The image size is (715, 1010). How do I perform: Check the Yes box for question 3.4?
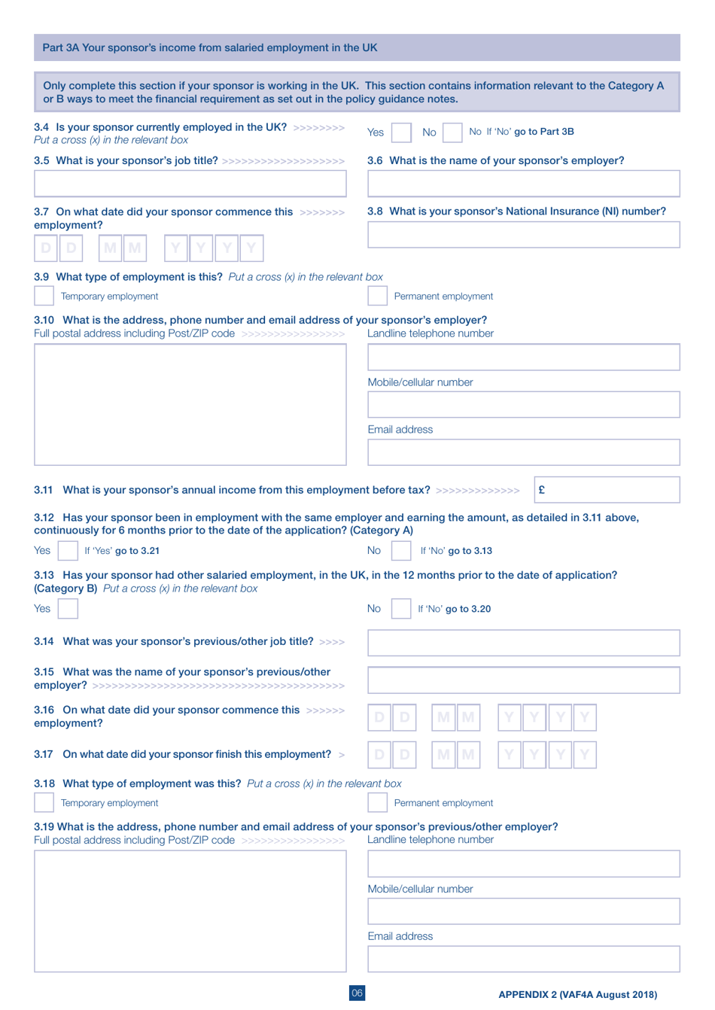tap(402, 132)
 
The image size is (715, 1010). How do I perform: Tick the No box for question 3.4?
tap(452, 132)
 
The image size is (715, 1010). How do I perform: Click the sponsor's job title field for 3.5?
tap(190, 184)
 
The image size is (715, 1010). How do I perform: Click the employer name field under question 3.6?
tap(523, 184)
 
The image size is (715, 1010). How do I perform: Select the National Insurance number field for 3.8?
tap(523, 235)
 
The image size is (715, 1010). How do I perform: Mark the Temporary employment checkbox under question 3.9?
tap(44, 296)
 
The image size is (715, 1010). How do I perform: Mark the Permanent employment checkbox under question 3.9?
tap(377, 296)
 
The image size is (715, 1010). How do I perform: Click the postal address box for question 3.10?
tap(190, 404)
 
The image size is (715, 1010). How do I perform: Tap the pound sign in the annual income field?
tap(542, 489)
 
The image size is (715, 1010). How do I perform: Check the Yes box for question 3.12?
tap(68, 551)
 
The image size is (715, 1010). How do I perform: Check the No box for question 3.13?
tap(401, 609)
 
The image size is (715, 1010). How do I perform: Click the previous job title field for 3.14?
tap(523, 643)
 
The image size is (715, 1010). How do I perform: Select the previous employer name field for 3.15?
tap(523, 680)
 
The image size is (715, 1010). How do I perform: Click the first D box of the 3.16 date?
tap(379, 716)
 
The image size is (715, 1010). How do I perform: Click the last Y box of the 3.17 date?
tap(585, 754)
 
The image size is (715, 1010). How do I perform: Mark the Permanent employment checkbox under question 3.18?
tap(377, 802)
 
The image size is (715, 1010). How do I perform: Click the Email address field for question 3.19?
tap(523, 959)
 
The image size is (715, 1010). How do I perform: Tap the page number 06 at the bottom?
tap(357, 993)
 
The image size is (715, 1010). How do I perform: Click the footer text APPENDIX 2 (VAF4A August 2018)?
tap(577, 994)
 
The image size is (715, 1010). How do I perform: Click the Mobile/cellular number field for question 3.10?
tap(523, 405)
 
